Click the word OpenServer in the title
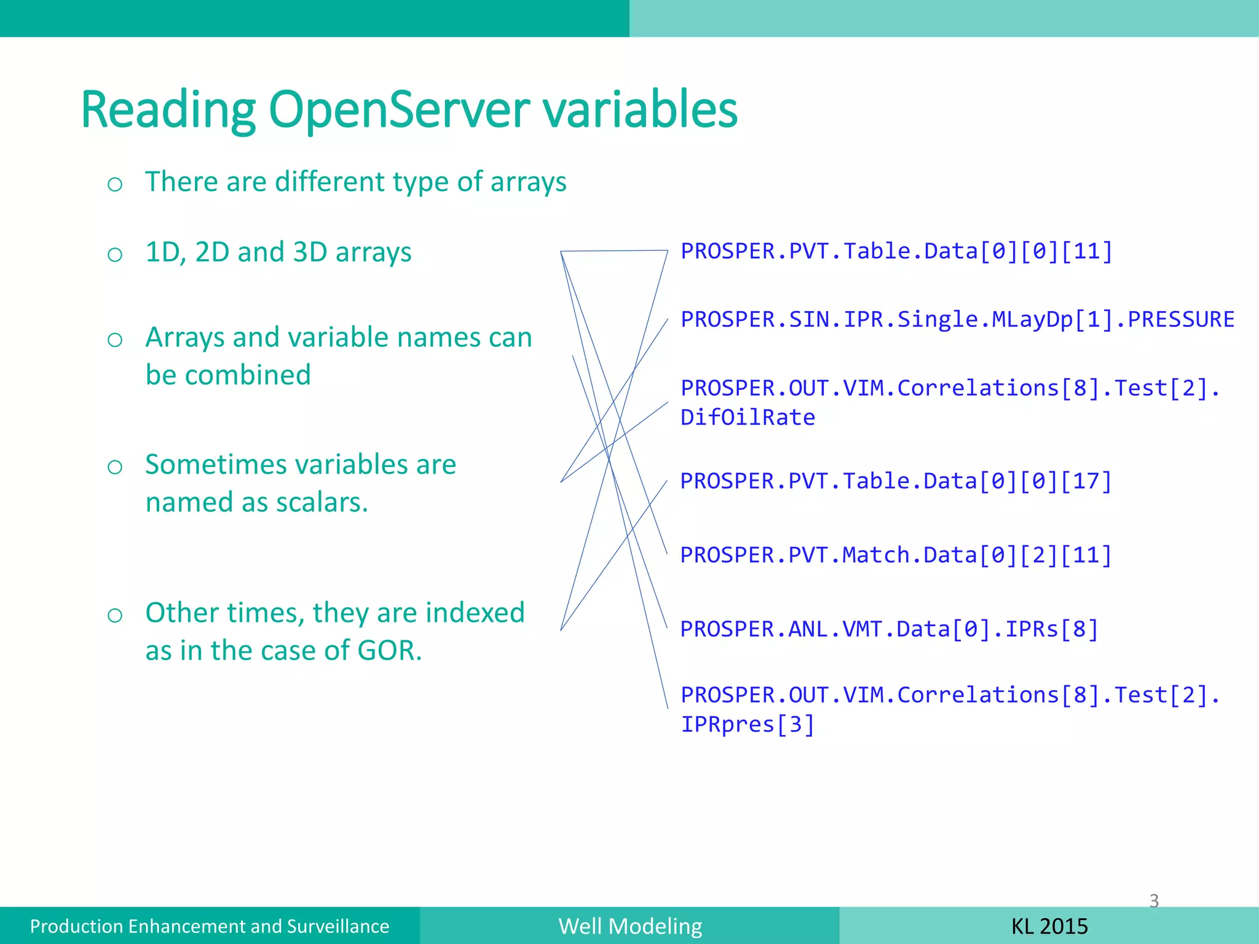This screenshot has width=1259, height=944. click(399, 111)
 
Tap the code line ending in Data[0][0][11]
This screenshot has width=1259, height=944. click(896, 251)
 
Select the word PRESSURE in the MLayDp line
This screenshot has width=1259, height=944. click(1180, 320)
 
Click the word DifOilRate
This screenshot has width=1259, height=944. click(748, 417)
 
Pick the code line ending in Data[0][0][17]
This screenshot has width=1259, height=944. click(896, 481)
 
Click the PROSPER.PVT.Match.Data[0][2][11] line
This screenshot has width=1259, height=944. click(896, 555)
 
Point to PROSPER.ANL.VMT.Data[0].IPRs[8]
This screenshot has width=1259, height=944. click(889, 629)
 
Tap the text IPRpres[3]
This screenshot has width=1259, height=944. click(748, 725)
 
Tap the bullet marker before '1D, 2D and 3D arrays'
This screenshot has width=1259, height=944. click(115, 254)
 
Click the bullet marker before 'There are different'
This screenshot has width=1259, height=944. click(115, 184)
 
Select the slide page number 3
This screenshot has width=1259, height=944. click(1154, 900)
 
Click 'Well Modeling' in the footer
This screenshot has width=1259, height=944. click(630, 926)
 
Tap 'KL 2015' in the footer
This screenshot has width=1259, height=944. click(1049, 926)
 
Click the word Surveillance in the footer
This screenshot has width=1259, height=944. click(338, 926)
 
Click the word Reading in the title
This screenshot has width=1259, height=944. click(168, 111)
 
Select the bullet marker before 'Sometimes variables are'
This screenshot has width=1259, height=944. click(115, 467)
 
